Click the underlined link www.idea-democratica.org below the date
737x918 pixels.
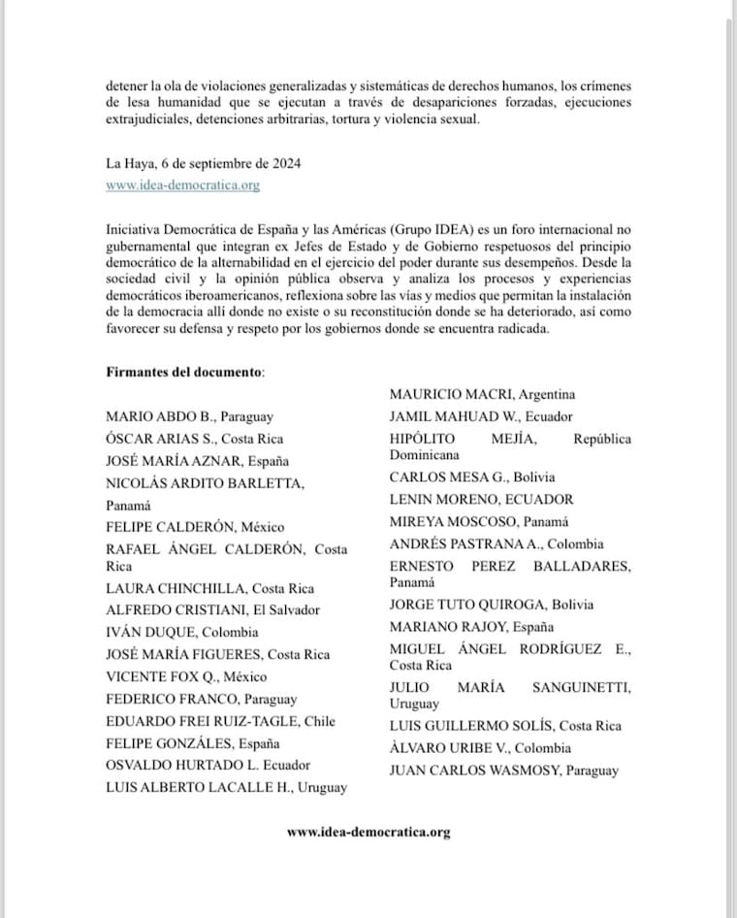click(182, 185)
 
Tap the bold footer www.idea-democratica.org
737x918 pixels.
click(368, 832)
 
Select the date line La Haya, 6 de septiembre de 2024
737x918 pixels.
click(203, 163)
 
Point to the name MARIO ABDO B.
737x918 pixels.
click(156, 416)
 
